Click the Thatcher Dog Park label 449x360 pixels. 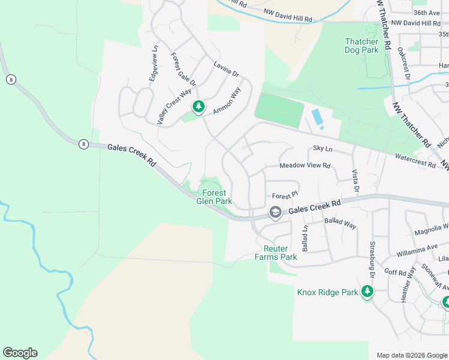(x=361, y=46)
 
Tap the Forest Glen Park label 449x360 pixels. (x=214, y=197)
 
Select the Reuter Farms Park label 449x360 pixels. (x=276, y=253)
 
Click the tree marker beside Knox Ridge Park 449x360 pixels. (x=367, y=292)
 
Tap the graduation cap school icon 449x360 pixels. (x=275, y=212)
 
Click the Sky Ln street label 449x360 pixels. (x=322, y=148)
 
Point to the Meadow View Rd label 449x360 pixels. (x=305, y=166)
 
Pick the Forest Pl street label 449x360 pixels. (x=285, y=195)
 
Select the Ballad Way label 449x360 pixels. (x=340, y=224)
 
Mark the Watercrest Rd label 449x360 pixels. (x=415, y=160)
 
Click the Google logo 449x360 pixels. (x=20, y=353)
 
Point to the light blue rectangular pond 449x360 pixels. (x=317, y=118)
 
